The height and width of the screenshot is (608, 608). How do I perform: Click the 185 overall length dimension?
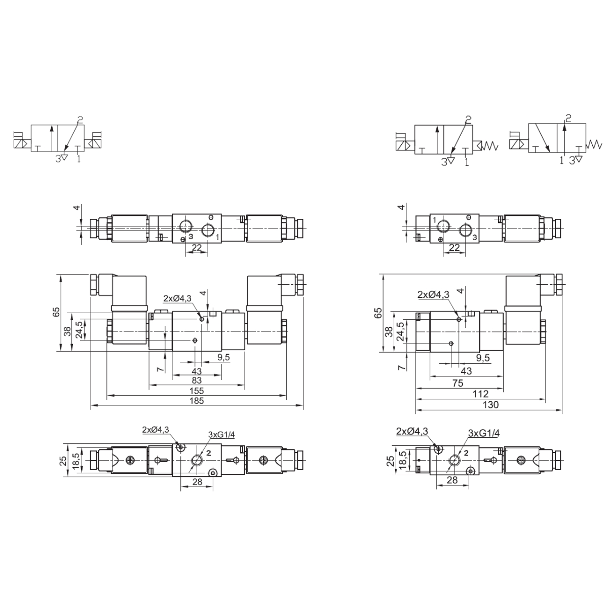click(x=197, y=401)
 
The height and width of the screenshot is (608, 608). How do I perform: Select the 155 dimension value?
click(x=197, y=391)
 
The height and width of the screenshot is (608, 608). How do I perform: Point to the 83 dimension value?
click(x=197, y=380)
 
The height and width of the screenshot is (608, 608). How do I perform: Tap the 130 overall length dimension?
click(x=490, y=405)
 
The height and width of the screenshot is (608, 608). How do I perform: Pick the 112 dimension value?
click(x=480, y=394)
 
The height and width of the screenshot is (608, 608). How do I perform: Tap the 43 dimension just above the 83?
click(x=197, y=371)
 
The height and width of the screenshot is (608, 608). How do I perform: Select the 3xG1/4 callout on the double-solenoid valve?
click(x=221, y=434)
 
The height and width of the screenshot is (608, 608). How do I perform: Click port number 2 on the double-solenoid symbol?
click(x=80, y=120)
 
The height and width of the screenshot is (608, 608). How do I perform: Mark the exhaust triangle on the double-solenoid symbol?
click(x=64, y=157)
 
